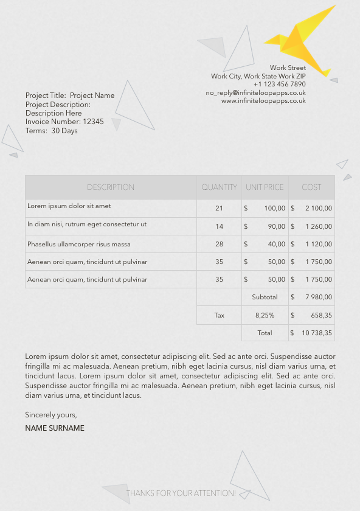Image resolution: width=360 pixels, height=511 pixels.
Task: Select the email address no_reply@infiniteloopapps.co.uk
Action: [255, 93]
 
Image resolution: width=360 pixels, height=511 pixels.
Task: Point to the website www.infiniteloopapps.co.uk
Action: [263, 101]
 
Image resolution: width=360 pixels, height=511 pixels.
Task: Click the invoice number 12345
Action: [93, 122]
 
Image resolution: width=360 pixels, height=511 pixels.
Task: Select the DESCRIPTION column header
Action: [111, 187]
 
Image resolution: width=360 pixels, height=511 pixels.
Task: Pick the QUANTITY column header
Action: [219, 187]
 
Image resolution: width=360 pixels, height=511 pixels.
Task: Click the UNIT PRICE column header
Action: [265, 187]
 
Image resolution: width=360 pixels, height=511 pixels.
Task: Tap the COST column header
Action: [311, 187]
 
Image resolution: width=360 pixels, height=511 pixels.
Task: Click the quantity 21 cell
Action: [219, 209]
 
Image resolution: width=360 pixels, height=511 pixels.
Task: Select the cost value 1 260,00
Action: [319, 227]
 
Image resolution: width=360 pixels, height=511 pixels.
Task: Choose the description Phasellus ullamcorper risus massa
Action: [79, 245]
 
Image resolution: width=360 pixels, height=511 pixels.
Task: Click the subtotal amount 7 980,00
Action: [319, 297]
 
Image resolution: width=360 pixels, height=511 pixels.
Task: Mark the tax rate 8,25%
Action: [265, 316]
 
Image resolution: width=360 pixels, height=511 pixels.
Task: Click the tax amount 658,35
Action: [321, 316]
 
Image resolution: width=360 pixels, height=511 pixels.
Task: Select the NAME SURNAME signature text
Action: [55, 428]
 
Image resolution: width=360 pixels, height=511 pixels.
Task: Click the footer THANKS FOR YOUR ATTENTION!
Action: [181, 493]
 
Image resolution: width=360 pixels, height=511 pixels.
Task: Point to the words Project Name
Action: [92, 96]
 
